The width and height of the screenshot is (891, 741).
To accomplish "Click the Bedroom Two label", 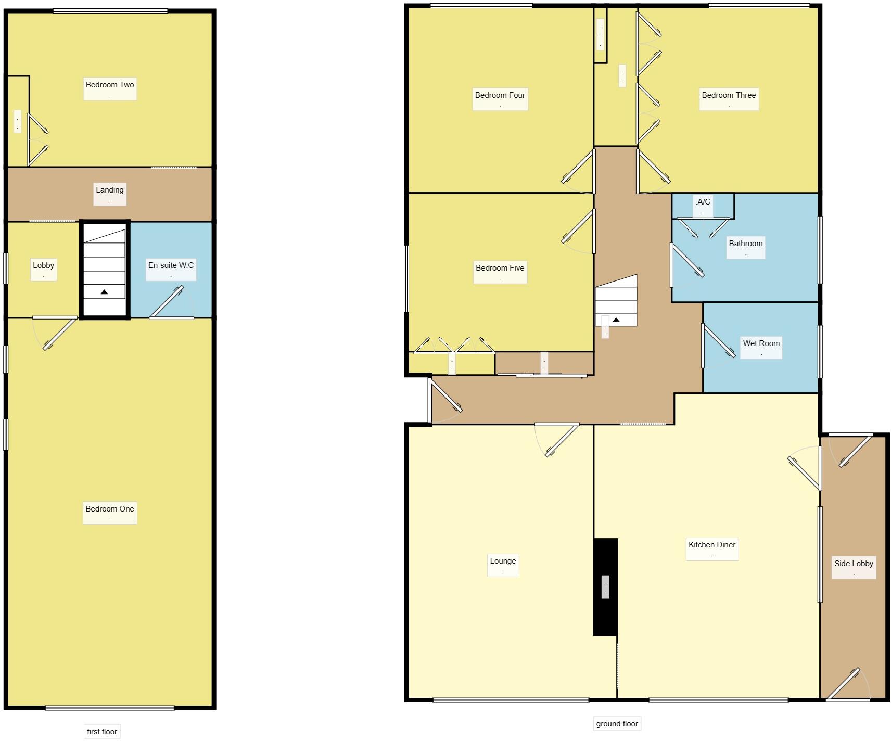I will click(x=110, y=85).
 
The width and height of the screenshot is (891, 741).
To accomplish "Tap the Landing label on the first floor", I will click(x=110, y=190).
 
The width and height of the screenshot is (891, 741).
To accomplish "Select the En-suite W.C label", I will click(x=171, y=266).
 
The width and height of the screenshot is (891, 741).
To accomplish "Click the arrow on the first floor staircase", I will click(x=104, y=292).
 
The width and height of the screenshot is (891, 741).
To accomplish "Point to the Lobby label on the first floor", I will click(x=43, y=266).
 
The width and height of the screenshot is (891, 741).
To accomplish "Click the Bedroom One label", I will click(x=110, y=509).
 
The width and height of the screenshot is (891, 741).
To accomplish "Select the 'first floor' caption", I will click(x=102, y=732).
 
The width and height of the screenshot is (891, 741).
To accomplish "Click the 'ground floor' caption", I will click(x=617, y=724).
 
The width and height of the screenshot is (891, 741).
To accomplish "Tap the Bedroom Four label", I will click(x=500, y=96).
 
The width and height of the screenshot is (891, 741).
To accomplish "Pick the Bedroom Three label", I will click(x=729, y=96).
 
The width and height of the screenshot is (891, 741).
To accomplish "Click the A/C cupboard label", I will click(x=703, y=202).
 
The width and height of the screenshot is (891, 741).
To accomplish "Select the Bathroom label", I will click(x=746, y=244).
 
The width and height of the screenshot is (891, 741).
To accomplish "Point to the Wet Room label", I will click(x=761, y=344).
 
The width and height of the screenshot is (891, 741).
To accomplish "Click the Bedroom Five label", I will click(x=500, y=269).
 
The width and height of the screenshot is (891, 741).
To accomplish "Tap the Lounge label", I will click(x=503, y=561).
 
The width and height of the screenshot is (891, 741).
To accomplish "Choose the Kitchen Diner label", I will click(x=712, y=545).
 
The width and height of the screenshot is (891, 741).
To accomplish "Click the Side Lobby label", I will click(x=854, y=564).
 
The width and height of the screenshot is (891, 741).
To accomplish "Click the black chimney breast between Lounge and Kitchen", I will click(x=605, y=614).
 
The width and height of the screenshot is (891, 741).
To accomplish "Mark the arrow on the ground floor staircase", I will click(x=616, y=320).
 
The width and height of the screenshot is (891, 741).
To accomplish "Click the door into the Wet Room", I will click(x=718, y=342).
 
